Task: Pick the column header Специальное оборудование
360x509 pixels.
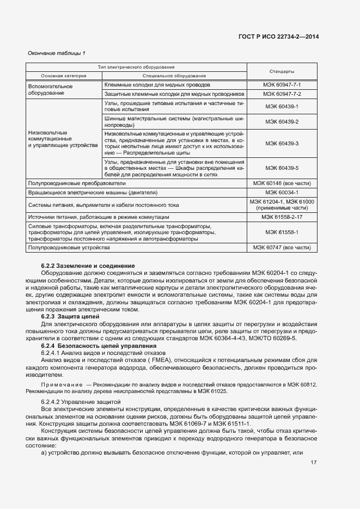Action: point(174,75)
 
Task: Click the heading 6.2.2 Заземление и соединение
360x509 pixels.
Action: point(88,266)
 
